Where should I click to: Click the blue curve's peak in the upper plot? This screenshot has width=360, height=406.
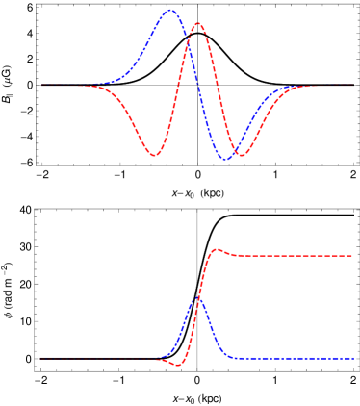coord(170,11)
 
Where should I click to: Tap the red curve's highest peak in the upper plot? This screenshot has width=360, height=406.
coord(197,23)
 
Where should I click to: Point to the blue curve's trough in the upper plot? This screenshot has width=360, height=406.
coord(227,159)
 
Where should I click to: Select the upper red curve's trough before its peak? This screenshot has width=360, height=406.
coord(154,155)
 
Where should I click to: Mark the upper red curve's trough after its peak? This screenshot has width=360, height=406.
coord(241,155)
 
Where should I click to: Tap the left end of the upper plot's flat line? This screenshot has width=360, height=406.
coord(41,85)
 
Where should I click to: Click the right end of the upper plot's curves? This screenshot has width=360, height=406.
coord(352,85)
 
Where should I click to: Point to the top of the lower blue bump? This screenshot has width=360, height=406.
coord(197,299)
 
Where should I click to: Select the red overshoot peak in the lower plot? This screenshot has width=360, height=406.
coord(217,250)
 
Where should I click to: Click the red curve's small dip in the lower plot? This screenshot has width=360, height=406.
coord(177,365)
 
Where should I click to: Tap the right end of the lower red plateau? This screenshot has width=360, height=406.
coord(352,256)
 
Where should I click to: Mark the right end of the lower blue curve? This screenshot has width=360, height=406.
coord(352,358)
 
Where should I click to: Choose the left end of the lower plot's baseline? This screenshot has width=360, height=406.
coord(41,358)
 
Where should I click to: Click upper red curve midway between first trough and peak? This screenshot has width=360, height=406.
coord(176,89)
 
